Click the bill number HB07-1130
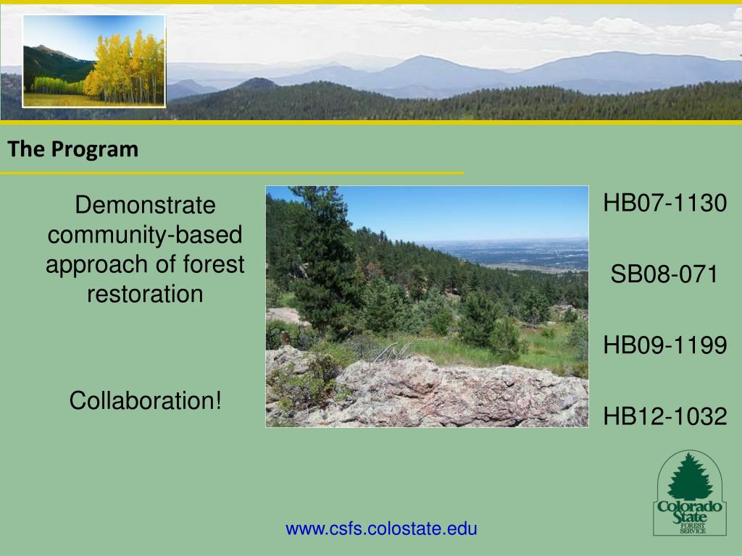click(665, 203)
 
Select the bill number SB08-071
click(664, 274)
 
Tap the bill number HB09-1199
click(665, 345)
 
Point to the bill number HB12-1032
click(665, 416)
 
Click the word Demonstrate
click(145, 205)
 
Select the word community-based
click(145, 235)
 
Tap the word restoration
click(145, 294)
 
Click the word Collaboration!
click(145, 400)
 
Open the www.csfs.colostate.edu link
click(381, 528)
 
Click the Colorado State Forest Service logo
click(690, 492)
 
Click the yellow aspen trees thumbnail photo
click(94, 61)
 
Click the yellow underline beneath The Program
click(232, 174)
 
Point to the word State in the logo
click(690, 517)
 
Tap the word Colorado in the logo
click(690, 507)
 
